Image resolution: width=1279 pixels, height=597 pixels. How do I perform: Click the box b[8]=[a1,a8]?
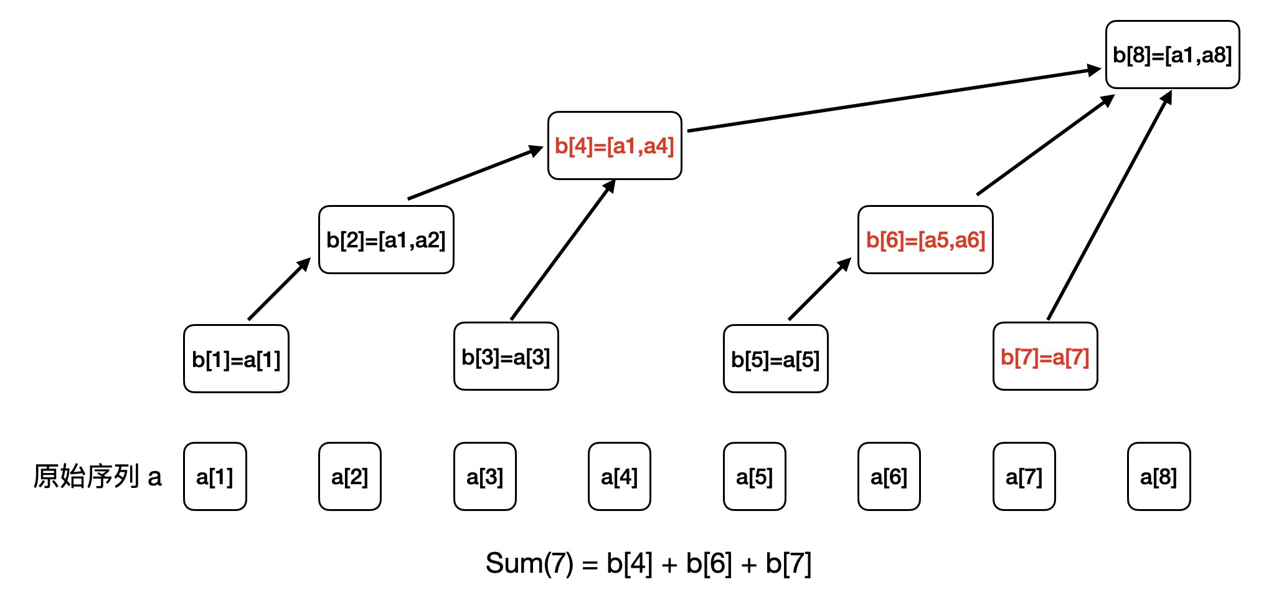[x=1172, y=55]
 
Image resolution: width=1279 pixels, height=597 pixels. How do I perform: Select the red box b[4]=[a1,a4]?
[x=615, y=146]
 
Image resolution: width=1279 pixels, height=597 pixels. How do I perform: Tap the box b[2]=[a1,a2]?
[x=386, y=240]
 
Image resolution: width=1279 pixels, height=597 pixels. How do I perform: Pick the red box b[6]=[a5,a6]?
[x=925, y=240]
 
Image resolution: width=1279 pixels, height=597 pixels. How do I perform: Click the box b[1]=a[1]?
[x=236, y=359]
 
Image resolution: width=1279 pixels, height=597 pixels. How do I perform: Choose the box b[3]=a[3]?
[x=506, y=356]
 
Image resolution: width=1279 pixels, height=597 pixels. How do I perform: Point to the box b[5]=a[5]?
[x=775, y=359]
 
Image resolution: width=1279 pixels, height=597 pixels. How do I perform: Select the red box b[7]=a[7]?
[x=1045, y=356]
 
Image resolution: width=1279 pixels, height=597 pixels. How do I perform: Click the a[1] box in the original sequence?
[x=215, y=477]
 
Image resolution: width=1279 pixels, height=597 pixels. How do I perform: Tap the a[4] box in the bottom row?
[x=619, y=477]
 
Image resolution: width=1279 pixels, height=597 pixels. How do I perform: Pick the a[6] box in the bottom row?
[x=889, y=477]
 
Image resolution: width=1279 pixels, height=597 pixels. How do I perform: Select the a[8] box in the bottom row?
[x=1158, y=477]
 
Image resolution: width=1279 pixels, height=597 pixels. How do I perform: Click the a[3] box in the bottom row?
[x=484, y=477]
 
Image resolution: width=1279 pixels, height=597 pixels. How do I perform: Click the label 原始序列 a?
[x=97, y=477]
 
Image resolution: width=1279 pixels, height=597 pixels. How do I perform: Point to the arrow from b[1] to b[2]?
[x=278, y=290]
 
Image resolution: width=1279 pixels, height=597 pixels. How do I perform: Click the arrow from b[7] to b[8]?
[x=1110, y=206]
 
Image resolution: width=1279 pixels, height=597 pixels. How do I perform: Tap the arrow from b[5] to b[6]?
[x=819, y=290]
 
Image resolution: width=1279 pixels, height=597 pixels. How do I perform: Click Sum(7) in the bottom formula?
[x=529, y=563]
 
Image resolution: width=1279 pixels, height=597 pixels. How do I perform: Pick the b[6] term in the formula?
[x=709, y=563]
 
